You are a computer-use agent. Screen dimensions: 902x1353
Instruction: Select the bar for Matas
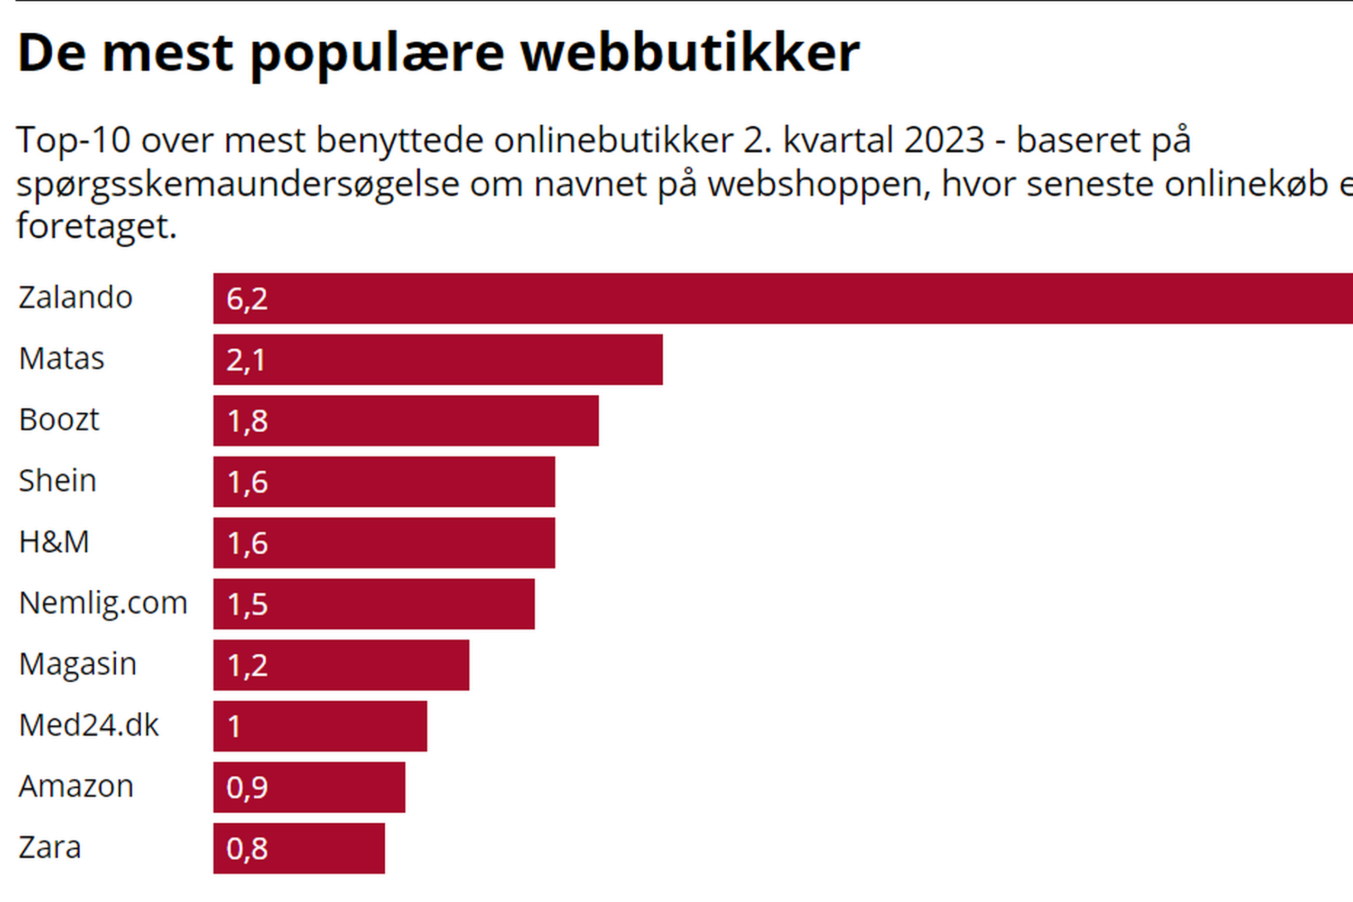pyautogui.click(x=438, y=359)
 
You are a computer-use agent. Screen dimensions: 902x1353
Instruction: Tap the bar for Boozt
pyautogui.click(x=405, y=421)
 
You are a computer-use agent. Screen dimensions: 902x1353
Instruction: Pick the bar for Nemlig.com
pyautogui.click(x=374, y=604)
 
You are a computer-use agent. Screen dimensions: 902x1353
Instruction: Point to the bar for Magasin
pyautogui.click(x=341, y=665)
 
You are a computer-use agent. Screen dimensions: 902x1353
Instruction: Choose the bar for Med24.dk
pyautogui.click(x=320, y=726)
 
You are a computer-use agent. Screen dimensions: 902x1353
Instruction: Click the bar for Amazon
pyautogui.click(x=309, y=787)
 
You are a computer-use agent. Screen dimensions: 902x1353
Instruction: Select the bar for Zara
pyautogui.click(x=299, y=849)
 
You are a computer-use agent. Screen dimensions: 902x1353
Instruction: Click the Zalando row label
pyautogui.click(x=76, y=297)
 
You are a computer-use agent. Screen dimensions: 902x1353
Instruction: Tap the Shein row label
pyautogui.click(x=58, y=480)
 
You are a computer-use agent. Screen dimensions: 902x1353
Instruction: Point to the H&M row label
pyautogui.click(x=54, y=542)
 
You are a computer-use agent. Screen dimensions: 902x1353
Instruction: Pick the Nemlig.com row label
pyautogui.click(x=103, y=603)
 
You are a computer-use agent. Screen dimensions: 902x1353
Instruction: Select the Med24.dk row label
pyautogui.click(x=89, y=725)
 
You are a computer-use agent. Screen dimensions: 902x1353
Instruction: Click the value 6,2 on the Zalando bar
pyautogui.click(x=247, y=299)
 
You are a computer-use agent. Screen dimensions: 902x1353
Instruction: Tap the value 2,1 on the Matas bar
pyautogui.click(x=246, y=360)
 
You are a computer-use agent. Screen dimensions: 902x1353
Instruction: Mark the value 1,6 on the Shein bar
pyautogui.click(x=247, y=482)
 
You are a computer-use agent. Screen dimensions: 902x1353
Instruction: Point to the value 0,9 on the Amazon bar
pyautogui.click(x=247, y=787)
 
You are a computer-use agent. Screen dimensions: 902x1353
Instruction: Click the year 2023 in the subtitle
pyautogui.click(x=944, y=140)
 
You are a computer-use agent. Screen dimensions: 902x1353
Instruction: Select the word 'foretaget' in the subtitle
pyautogui.click(x=95, y=226)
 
